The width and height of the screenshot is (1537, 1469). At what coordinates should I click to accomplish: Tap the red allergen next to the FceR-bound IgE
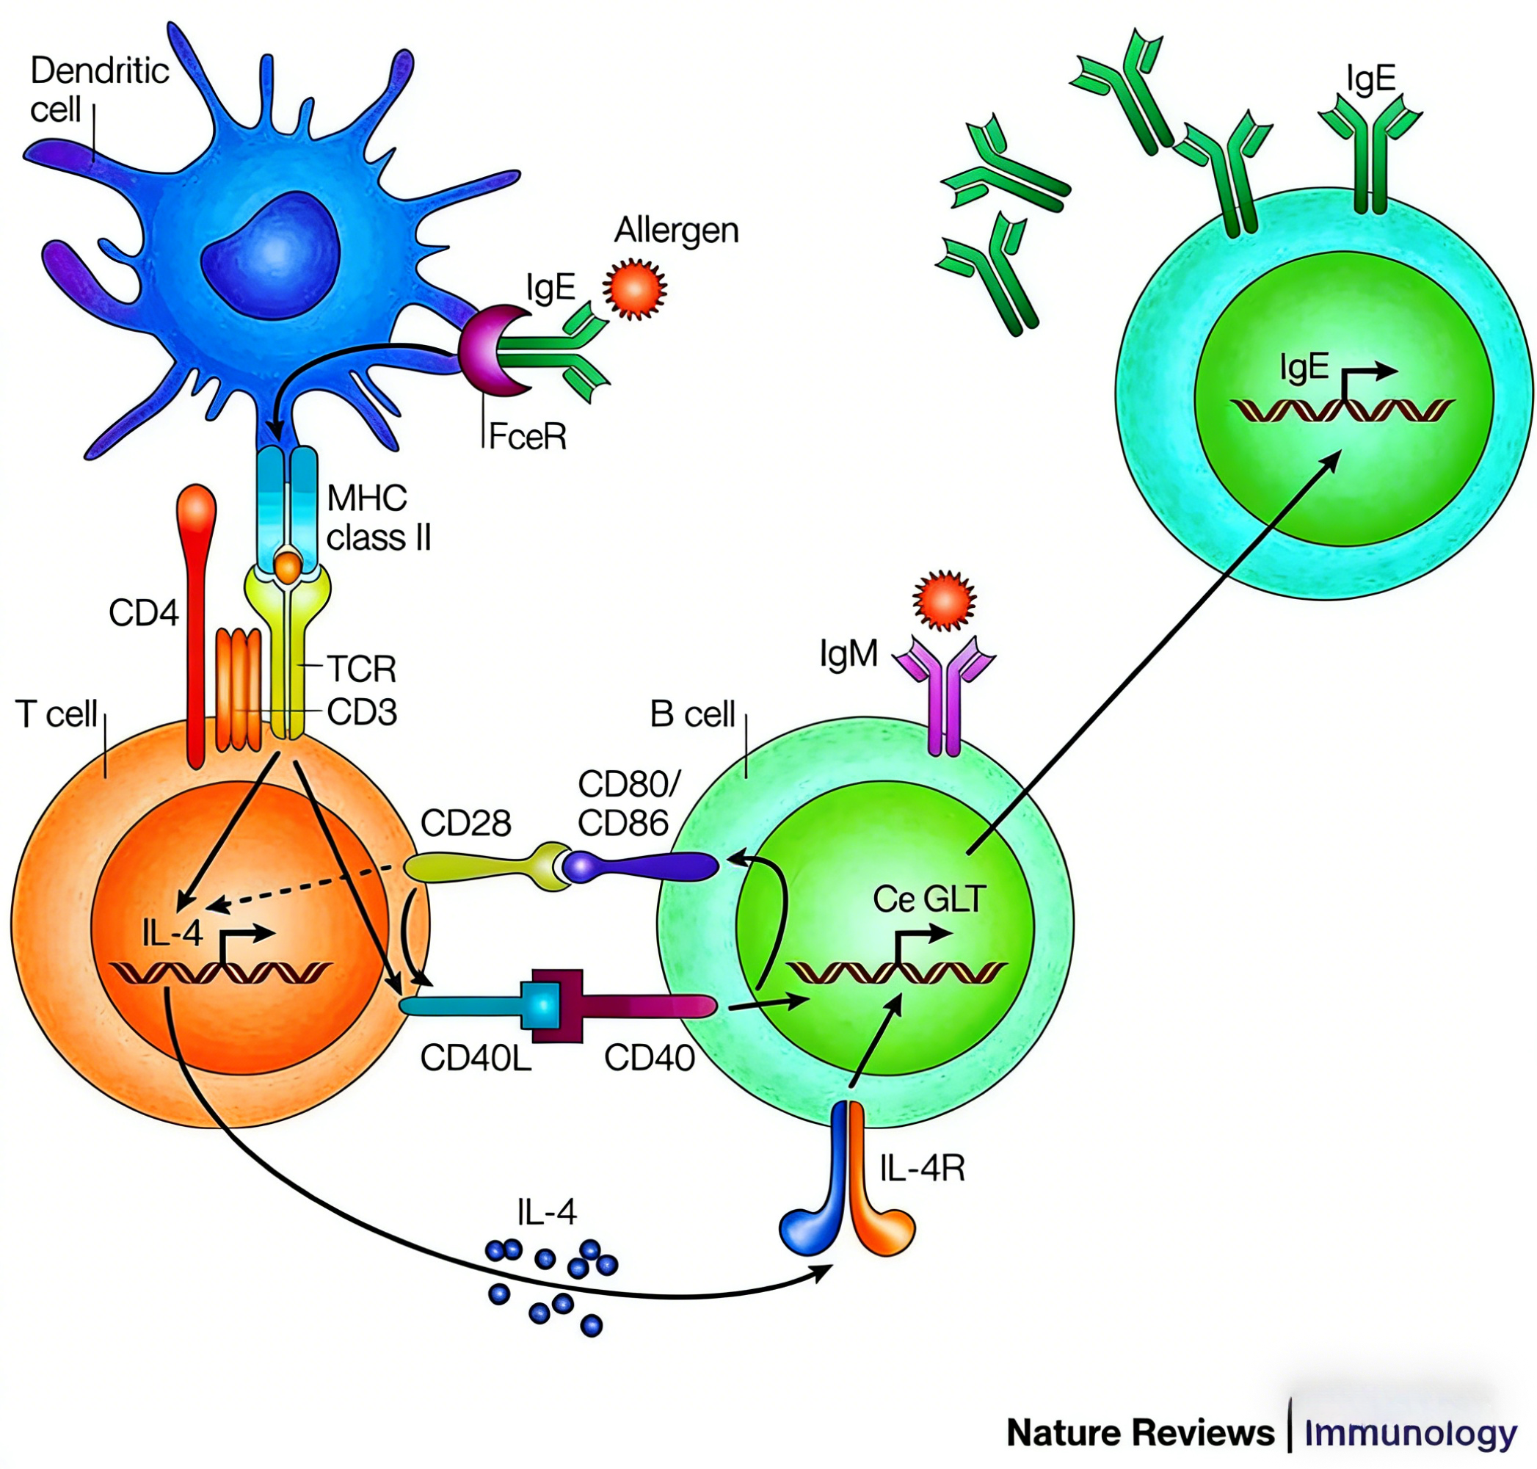pos(634,289)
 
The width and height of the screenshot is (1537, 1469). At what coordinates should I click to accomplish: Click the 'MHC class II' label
pos(378,518)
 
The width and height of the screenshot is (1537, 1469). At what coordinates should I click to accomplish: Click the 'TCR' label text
pos(361,669)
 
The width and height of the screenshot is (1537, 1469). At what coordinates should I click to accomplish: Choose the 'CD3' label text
pos(361,712)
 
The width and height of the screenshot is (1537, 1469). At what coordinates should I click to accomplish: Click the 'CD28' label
pos(465,823)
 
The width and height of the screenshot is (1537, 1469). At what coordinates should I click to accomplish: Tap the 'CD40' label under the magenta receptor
pos(649,1058)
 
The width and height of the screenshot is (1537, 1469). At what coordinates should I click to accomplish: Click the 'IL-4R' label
pos(922,1168)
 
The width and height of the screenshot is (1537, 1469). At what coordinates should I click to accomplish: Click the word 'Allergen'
pos(676,231)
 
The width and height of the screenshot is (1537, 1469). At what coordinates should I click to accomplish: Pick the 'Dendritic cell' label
pos(98,90)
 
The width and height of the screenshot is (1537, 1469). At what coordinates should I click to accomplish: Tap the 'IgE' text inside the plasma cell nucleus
pos(1304,366)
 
